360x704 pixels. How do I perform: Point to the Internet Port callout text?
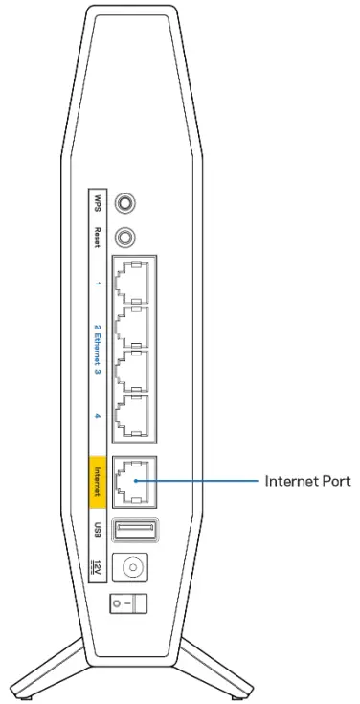[309, 482]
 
